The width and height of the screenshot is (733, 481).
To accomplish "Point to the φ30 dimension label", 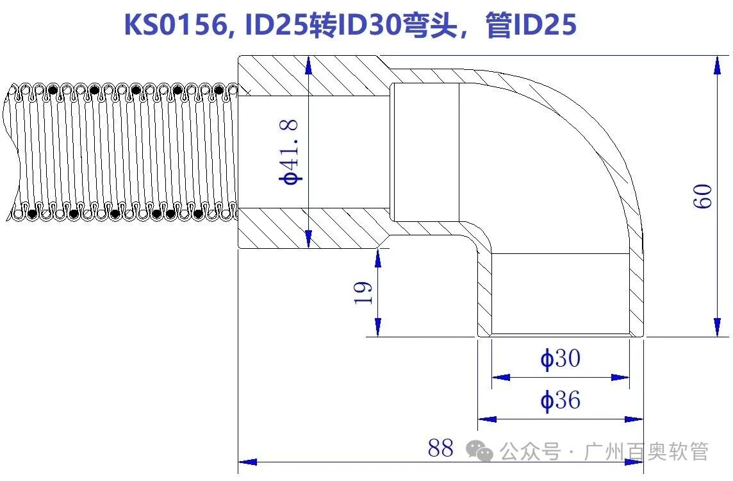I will click(x=561, y=359).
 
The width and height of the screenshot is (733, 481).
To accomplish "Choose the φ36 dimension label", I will click(x=561, y=401).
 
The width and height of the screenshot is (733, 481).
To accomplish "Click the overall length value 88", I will click(x=441, y=448).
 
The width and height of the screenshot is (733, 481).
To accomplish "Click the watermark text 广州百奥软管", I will click(x=647, y=451).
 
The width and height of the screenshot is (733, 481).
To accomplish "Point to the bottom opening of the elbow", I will click(x=561, y=334).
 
